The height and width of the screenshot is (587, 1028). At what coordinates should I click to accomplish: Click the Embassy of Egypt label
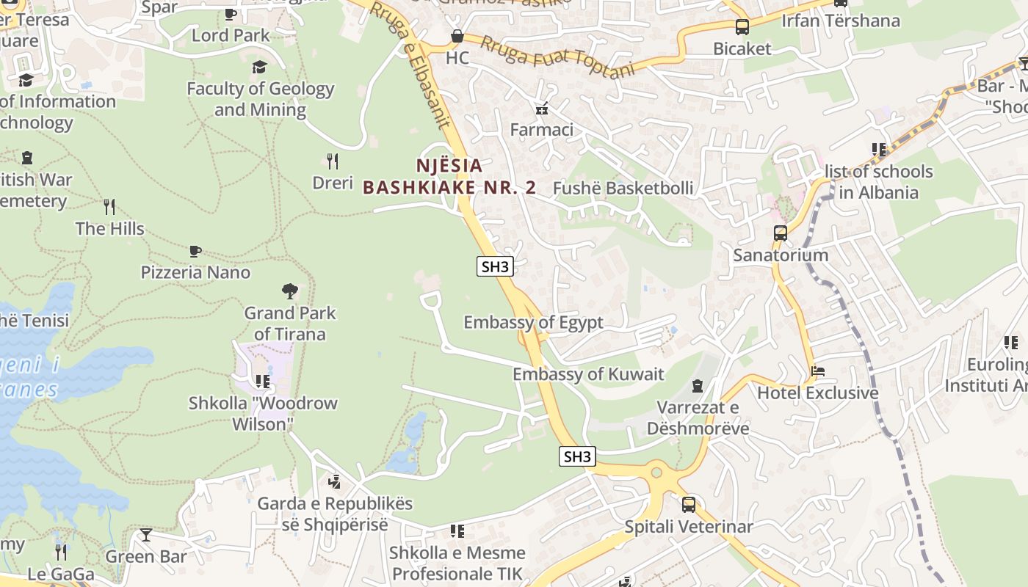coord(533,322)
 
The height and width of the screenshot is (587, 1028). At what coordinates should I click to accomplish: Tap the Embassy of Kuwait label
coord(587,374)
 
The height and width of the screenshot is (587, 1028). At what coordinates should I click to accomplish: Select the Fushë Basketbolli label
coord(623,188)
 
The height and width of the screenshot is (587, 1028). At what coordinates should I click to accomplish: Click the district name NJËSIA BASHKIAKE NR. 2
coord(449,177)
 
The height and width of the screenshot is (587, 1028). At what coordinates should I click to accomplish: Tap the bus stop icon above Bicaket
coord(742,27)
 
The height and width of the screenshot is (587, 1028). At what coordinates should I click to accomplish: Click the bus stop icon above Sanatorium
coord(781,233)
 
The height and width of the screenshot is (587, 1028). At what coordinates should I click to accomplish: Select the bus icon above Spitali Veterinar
coord(689,505)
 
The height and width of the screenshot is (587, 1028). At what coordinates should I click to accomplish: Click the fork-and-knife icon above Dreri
coord(333,161)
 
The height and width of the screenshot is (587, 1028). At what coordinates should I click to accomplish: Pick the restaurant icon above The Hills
coord(109,206)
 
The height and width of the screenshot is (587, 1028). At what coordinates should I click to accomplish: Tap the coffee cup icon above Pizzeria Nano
coord(195,251)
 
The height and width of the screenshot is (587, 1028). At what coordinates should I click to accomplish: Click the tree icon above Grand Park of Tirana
coord(290,291)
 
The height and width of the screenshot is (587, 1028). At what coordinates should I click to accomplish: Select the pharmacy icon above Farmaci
coord(542,109)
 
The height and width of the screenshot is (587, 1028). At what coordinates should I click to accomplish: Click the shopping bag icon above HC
coord(457,36)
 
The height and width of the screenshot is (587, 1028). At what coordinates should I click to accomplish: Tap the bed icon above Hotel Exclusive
coord(818,371)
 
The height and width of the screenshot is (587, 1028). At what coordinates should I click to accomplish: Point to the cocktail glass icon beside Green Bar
coord(146,535)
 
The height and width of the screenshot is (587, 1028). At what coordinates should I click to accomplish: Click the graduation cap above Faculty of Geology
coord(260,68)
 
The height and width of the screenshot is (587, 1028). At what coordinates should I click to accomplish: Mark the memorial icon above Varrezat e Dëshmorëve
coord(698,385)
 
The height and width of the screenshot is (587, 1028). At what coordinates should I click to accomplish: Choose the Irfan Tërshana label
coord(840,21)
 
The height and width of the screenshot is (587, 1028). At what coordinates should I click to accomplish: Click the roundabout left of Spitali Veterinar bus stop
coord(656,473)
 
